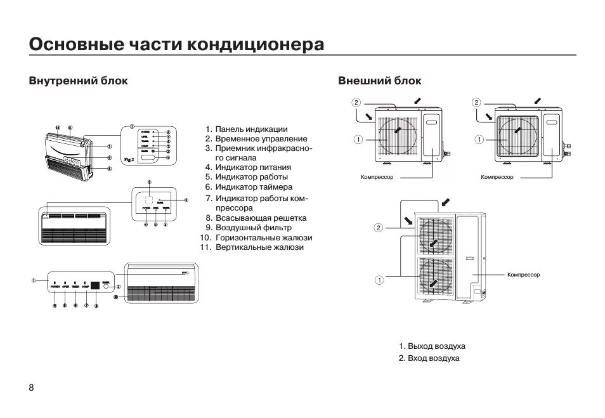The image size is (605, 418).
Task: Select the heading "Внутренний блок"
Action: (78, 81)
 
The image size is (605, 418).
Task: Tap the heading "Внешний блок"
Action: (379, 81)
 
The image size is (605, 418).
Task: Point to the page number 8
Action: (30, 388)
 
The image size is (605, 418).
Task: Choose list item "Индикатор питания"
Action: (252, 167)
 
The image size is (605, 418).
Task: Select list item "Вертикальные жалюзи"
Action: (259, 247)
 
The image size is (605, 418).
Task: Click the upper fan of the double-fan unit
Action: (434, 235)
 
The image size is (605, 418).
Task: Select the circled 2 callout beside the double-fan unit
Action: (378, 227)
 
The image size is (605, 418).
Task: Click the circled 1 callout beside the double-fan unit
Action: (378, 279)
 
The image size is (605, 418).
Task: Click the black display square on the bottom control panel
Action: (94, 286)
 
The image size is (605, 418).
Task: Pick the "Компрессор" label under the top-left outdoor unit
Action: (377, 177)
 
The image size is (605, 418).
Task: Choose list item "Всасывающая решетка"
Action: (261, 218)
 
